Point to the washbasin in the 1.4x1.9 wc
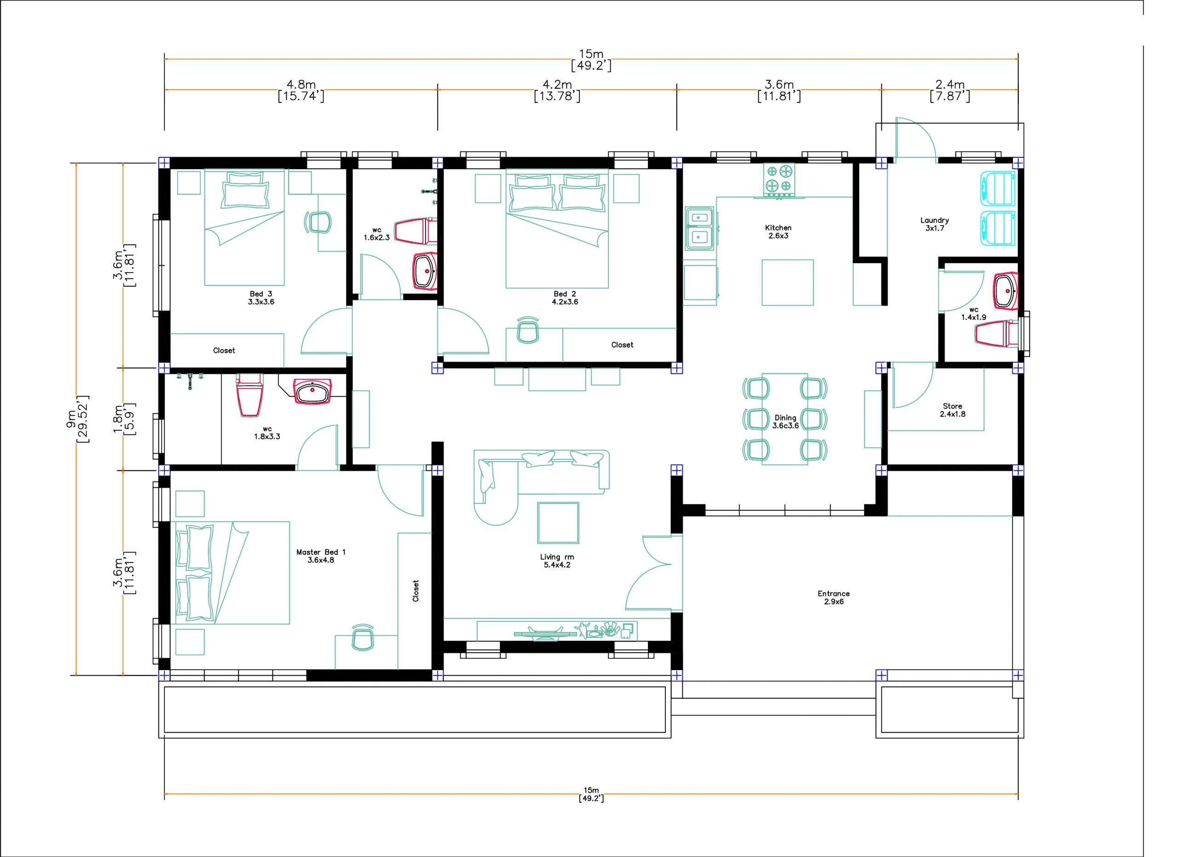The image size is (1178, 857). (1005, 291)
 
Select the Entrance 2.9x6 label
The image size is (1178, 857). (834, 597)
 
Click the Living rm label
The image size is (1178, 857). (557, 557)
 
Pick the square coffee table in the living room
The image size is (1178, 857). (558, 522)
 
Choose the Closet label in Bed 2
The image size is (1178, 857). (622, 345)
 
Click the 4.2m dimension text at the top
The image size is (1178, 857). (557, 85)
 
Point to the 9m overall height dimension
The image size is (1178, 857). (71, 419)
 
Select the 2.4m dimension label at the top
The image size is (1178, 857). (950, 85)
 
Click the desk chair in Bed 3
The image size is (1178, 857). (318, 222)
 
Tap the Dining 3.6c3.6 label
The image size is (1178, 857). (785, 422)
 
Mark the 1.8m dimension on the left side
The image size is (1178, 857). (118, 419)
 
